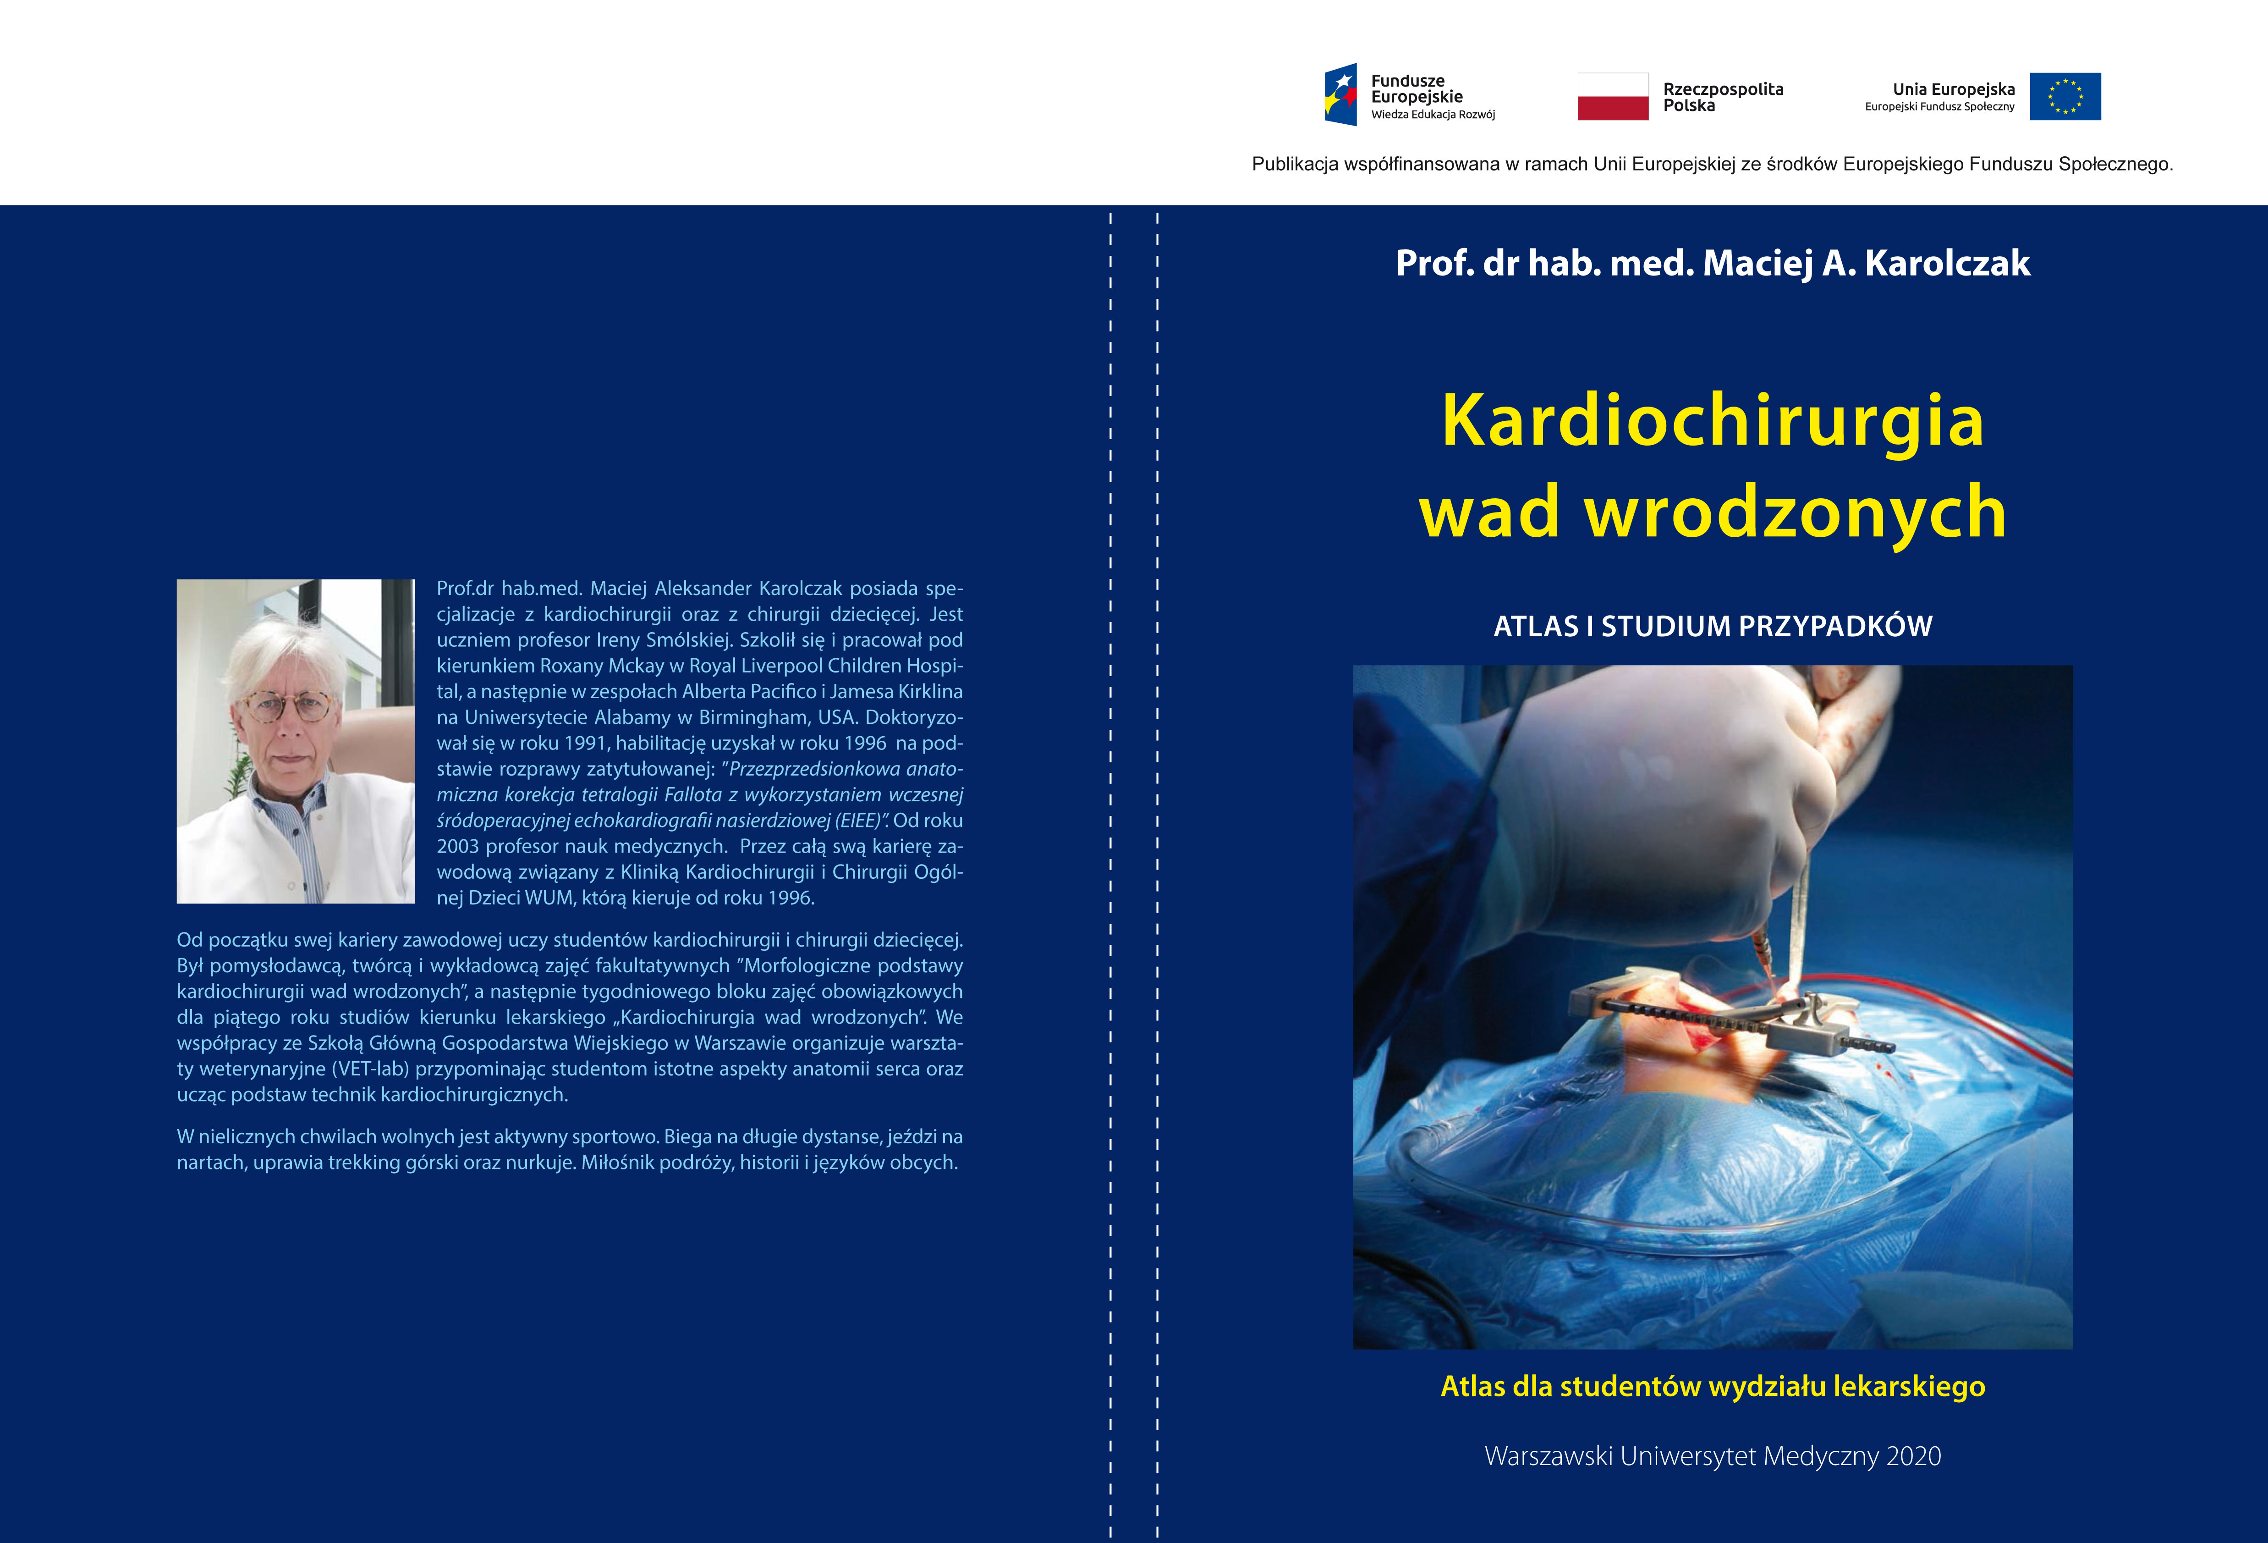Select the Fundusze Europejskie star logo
(1340, 95)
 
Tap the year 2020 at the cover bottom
(1913, 1456)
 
